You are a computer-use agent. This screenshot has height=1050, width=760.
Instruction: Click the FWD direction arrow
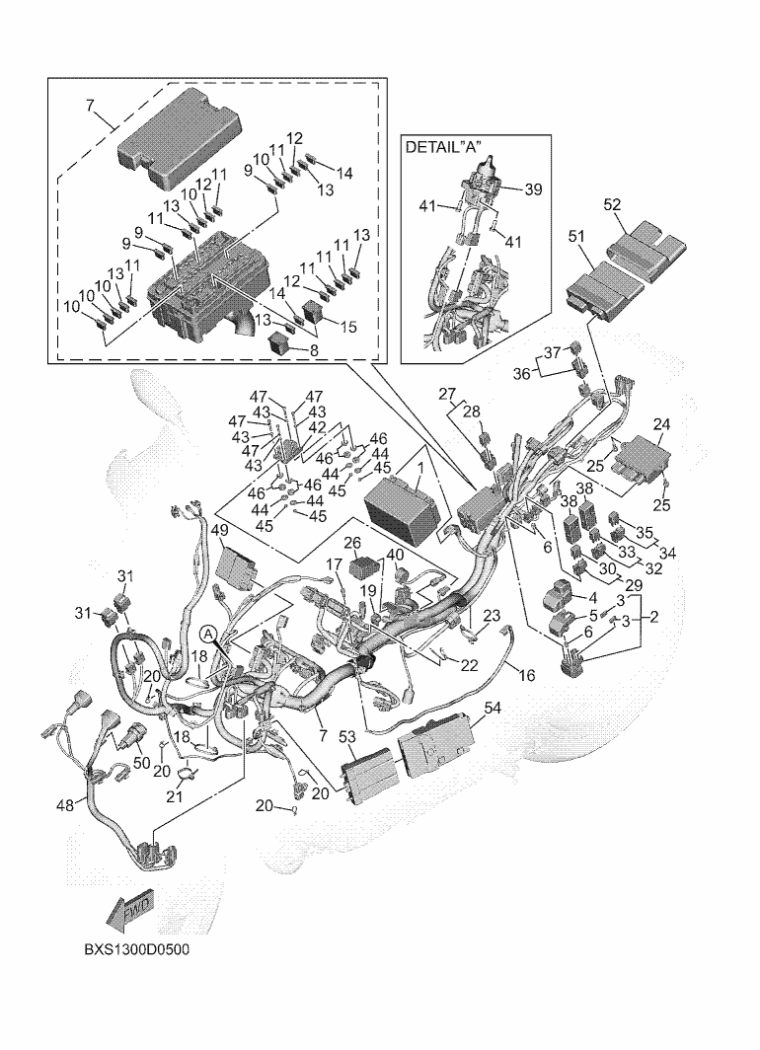point(130,910)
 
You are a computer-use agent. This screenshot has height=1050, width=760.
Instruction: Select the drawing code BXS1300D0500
point(136,949)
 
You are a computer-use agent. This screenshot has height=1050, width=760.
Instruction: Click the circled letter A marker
point(209,633)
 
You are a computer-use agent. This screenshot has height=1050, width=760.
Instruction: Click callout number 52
point(612,205)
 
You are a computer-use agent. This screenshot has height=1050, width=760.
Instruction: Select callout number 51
point(576,237)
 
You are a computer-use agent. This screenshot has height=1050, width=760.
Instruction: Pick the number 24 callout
point(661,424)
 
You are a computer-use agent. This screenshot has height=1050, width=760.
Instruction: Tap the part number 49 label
point(220,530)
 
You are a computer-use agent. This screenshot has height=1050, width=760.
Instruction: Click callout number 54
point(492,708)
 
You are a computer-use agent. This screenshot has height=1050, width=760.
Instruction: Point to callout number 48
point(65,805)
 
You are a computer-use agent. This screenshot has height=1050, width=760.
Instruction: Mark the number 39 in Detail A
point(533,189)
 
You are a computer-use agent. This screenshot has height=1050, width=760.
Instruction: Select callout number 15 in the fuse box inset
point(348,327)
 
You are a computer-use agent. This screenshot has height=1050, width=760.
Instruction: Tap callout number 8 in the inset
point(314,349)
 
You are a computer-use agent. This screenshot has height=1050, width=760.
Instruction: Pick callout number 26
point(353,542)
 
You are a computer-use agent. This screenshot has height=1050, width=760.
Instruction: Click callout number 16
point(527,675)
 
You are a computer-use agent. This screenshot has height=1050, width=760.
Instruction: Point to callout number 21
point(175,797)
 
